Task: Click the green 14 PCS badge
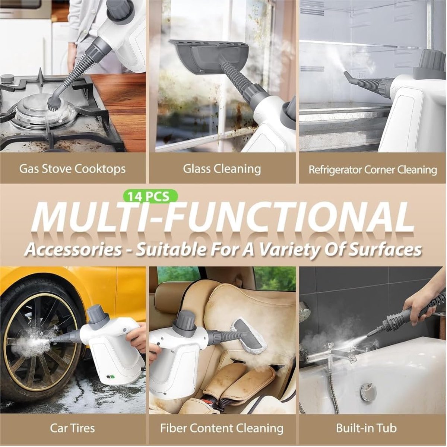click(x=150, y=196)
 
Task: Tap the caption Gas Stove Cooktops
click(x=73, y=169)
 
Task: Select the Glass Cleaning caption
click(x=222, y=169)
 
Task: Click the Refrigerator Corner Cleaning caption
click(x=372, y=169)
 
